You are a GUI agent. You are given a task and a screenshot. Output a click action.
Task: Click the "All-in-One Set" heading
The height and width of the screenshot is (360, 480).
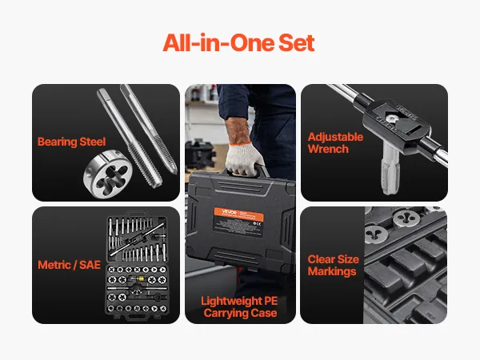click(x=238, y=42)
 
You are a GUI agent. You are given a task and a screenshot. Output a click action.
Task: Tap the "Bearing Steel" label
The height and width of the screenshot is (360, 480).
click(x=72, y=142)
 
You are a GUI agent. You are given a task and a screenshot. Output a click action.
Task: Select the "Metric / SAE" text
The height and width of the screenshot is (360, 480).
click(x=69, y=265)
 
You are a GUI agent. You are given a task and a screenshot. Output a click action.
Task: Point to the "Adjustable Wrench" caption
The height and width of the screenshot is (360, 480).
click(x=335, y=143)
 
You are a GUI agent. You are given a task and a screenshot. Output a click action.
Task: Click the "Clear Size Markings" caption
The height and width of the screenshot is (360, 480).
click(x=333, y=266)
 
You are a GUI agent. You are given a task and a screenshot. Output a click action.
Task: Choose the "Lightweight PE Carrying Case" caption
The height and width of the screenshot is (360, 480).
click(x=240, y=307)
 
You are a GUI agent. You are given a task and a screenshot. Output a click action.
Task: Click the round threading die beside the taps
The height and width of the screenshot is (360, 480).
click(x=108, y=174)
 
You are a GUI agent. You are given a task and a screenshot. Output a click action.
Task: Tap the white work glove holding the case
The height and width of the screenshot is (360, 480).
click(x=244, y=160)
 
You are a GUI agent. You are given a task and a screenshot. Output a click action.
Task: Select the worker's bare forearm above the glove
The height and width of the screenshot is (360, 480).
click(x=238, y=130)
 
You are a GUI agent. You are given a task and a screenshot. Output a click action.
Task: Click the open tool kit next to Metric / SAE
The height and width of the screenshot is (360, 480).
click(x=137, y=266)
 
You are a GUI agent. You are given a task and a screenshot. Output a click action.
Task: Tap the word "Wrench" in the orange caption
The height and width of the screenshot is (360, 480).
click(x=328, y=149)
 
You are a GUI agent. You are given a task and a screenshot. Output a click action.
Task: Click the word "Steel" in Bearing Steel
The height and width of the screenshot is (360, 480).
click(x=93, y=142)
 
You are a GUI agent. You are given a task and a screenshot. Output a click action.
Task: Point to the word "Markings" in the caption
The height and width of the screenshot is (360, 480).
click(x=332, y=271)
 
